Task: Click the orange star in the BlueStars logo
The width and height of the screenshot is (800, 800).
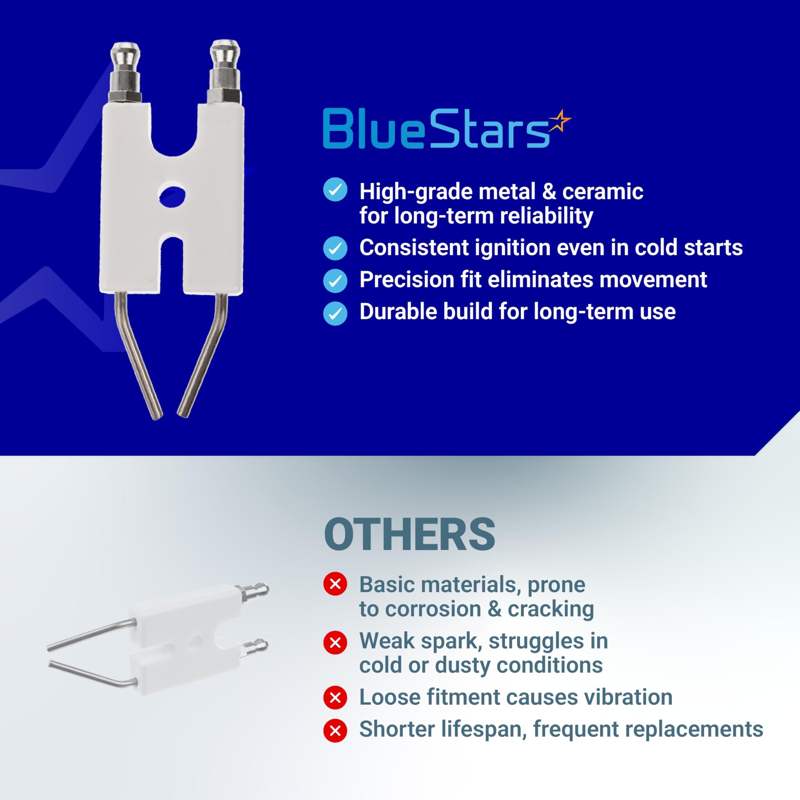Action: [560, 121]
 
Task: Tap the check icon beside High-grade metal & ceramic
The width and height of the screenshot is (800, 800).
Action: [335, 190]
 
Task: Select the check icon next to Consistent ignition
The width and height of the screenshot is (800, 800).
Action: [335, 248]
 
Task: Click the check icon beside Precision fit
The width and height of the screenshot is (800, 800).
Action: [335, 280]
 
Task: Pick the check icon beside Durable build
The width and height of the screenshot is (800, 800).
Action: [335, 313]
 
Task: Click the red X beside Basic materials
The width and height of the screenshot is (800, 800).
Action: [335, 584]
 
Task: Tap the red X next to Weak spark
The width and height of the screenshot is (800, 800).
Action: [335, 642]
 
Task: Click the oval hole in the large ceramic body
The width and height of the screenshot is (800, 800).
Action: [172, 195]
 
